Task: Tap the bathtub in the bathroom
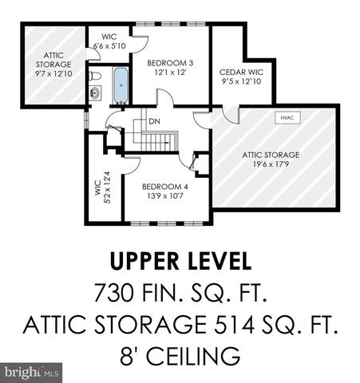(121, 86)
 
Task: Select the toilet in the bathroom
(95, 77)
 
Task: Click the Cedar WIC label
(241, 73)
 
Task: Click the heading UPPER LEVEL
(179, 261)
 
